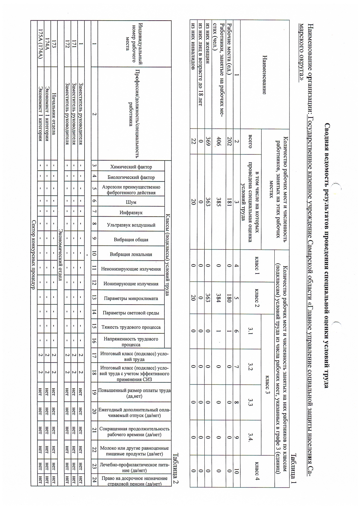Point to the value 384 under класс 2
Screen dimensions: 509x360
[x=220, y=298]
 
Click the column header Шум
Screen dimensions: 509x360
[x=131, y=202]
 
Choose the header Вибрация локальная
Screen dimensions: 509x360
[x=131, y=254]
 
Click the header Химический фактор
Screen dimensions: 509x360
[x=131, y=167]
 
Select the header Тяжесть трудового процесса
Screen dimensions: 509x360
[x=131, y=327]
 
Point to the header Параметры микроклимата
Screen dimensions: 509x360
[x=131, y=298]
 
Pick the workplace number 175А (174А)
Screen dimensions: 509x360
[x=41, y=44]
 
